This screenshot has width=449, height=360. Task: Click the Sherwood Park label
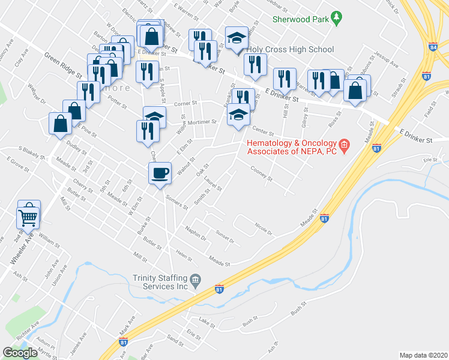click(x=301, y=19)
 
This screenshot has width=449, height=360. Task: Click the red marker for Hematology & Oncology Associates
click(x=344, y=144)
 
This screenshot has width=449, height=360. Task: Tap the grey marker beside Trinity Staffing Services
click(x=195, y=280)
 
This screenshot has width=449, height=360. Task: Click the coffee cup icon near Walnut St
click(x=160, y=173)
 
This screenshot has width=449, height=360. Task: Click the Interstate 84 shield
click(x=433, y=47)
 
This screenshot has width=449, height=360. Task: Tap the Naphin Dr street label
click(x=196, y=233)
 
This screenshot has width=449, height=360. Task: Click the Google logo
click(x=20, y=353)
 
